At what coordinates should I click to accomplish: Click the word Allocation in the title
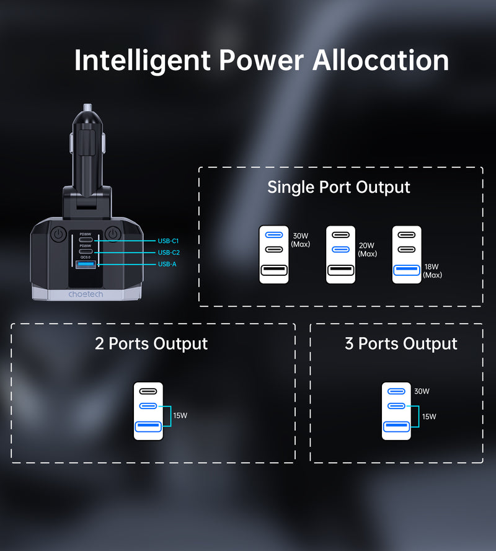[380, 61]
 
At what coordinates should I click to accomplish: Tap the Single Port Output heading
[339, 187]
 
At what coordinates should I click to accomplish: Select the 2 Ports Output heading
[151, 344]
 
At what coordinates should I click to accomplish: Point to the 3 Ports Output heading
[401, 344]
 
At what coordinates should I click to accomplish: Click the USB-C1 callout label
[168, 240]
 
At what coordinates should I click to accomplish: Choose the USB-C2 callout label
[168, 252]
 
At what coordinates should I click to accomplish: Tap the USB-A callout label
[167, 264]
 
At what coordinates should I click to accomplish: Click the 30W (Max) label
[301, 240]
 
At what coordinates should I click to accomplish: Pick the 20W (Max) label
[368, 250]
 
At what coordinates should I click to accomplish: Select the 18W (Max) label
[433, 271]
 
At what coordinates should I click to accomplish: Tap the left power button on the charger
[58, 235]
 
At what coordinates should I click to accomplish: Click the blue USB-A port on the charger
[85, 265]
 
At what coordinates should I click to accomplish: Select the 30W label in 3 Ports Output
[422, 391]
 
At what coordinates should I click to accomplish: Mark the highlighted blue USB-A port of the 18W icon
[407, 270]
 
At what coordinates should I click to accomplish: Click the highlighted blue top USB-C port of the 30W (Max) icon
[273, 235]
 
